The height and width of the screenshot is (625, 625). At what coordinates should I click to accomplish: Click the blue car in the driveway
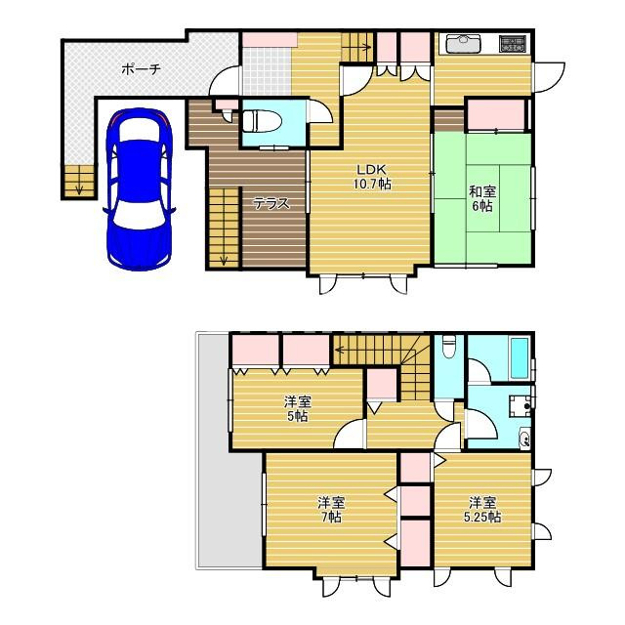point(139,189)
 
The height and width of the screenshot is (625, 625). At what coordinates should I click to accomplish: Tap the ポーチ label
point(141,69)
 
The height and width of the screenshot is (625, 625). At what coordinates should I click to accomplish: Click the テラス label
point(271,204)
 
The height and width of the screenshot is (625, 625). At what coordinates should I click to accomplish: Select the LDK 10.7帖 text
point(371,177)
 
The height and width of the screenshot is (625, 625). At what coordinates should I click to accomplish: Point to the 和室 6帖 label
point(482,199)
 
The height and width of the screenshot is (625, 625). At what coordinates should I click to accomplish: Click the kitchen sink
point(464,43)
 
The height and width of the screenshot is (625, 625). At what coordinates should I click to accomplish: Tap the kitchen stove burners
point(512,43)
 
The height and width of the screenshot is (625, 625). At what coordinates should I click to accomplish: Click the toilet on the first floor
point(263,121)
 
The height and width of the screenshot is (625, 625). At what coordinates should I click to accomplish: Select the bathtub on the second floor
point(520,358)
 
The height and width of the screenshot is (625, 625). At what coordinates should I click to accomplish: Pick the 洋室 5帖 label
point(297,408)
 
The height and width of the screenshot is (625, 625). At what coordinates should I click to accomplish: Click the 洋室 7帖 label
point(331,510)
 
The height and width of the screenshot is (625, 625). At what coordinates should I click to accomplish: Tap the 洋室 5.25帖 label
point(482,510)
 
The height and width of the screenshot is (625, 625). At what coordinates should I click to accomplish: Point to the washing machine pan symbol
point(521,405)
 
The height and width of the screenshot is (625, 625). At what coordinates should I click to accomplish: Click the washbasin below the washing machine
point(524,438)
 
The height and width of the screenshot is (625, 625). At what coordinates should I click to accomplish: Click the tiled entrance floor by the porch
point(267,71)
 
